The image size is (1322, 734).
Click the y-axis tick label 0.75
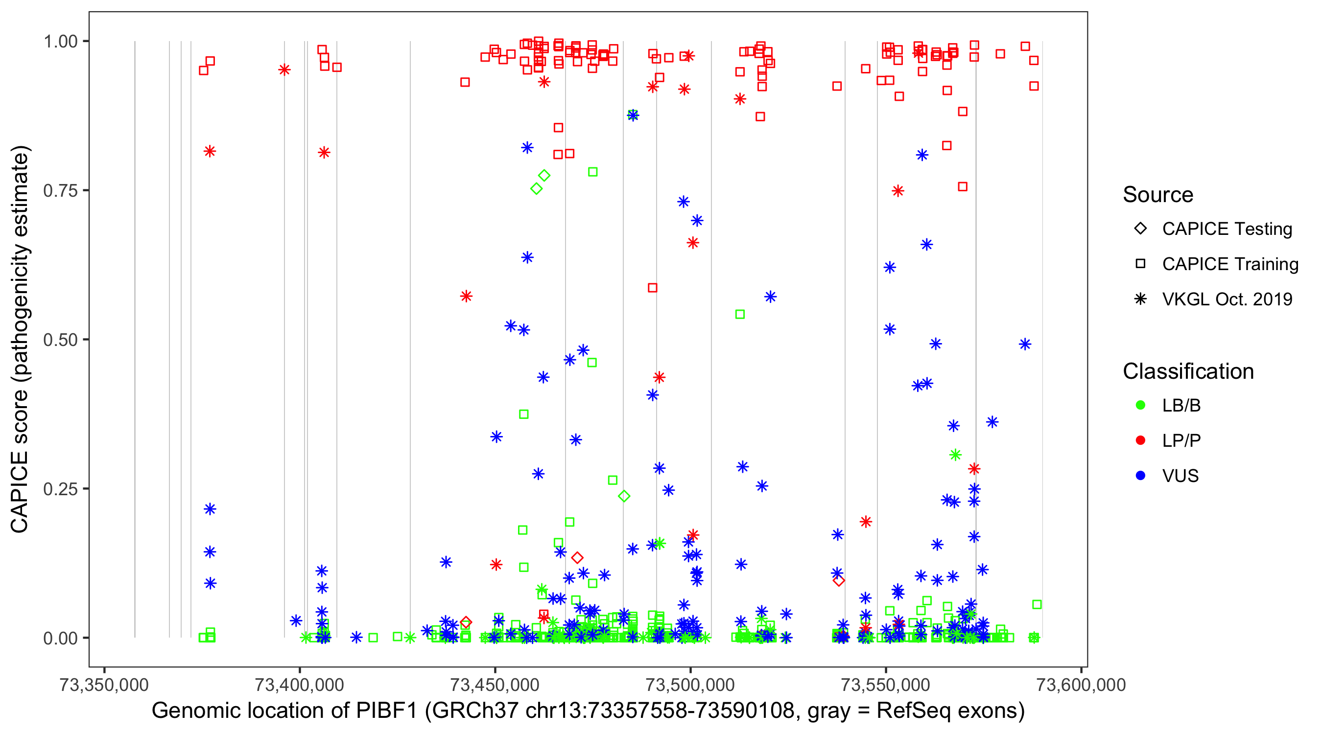(60, 191)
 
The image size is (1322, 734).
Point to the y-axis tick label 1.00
(60, 42)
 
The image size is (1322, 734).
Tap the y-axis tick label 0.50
(60, 340)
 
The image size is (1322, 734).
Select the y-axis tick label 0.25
(60, 489)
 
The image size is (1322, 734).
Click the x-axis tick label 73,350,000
(104, 685)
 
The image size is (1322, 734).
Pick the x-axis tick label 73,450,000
(495, 685)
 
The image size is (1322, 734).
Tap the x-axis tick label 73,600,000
(1081, 685)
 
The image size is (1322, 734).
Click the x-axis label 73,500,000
(690, 685)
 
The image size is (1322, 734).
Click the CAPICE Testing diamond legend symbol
(1140, 229)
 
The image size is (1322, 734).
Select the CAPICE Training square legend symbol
(1140, 264)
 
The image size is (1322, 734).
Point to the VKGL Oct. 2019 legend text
(1227, 299)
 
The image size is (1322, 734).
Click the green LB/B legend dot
(1140, 406)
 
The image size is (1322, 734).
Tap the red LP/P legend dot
(1140, 440)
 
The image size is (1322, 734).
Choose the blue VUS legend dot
(1140, 476)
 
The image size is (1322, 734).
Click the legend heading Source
(1158, 195)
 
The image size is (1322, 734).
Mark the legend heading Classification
(1188, 371)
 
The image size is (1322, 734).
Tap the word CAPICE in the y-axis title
(20, 493)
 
